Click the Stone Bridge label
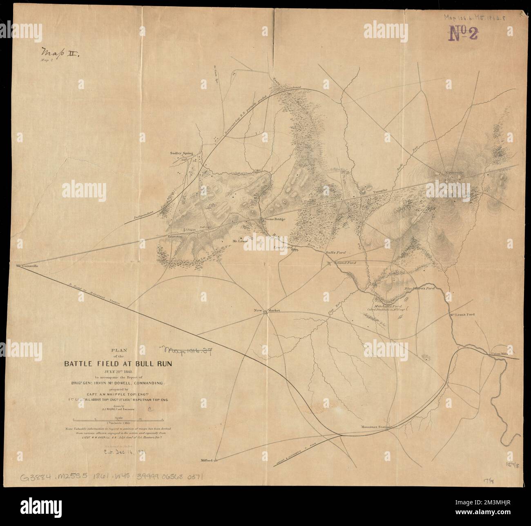pyautogui.click(x=274, y=219)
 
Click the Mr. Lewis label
pyautogui.click(x=241, y=241)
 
